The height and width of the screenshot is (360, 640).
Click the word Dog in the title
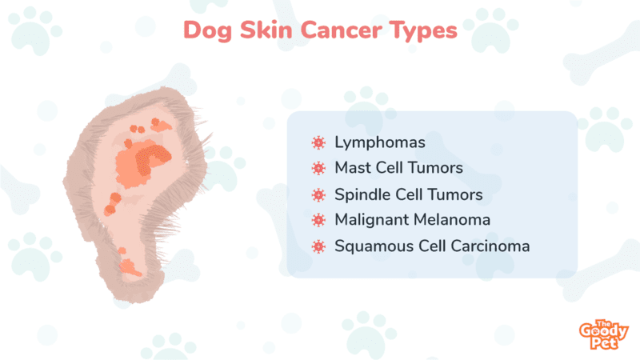click(x=208, y=31)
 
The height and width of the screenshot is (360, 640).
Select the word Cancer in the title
click(x=341, y=30)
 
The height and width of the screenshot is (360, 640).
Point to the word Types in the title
click(x=423, y=31)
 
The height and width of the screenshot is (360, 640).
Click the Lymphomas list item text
click(x=380, y=143)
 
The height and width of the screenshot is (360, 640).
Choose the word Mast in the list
click(x=351, y=168)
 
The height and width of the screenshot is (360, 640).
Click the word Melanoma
click(x=450, y=219)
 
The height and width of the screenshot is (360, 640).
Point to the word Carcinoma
click(x=490, y=246)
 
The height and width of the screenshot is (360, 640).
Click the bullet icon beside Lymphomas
click(x=318, y=142)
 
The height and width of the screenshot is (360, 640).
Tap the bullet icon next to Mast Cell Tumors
click(x=318, y=168)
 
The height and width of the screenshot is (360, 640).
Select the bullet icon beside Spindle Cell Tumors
click(x=318, y=194)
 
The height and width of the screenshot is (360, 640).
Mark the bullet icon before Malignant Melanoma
click(x=318, y=221)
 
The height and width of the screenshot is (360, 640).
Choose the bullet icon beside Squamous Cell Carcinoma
click(x=318, y=246)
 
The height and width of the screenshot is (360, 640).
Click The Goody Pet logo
click(x=604, y=334)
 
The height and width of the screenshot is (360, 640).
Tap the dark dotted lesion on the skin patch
click(x=151, y=158)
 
